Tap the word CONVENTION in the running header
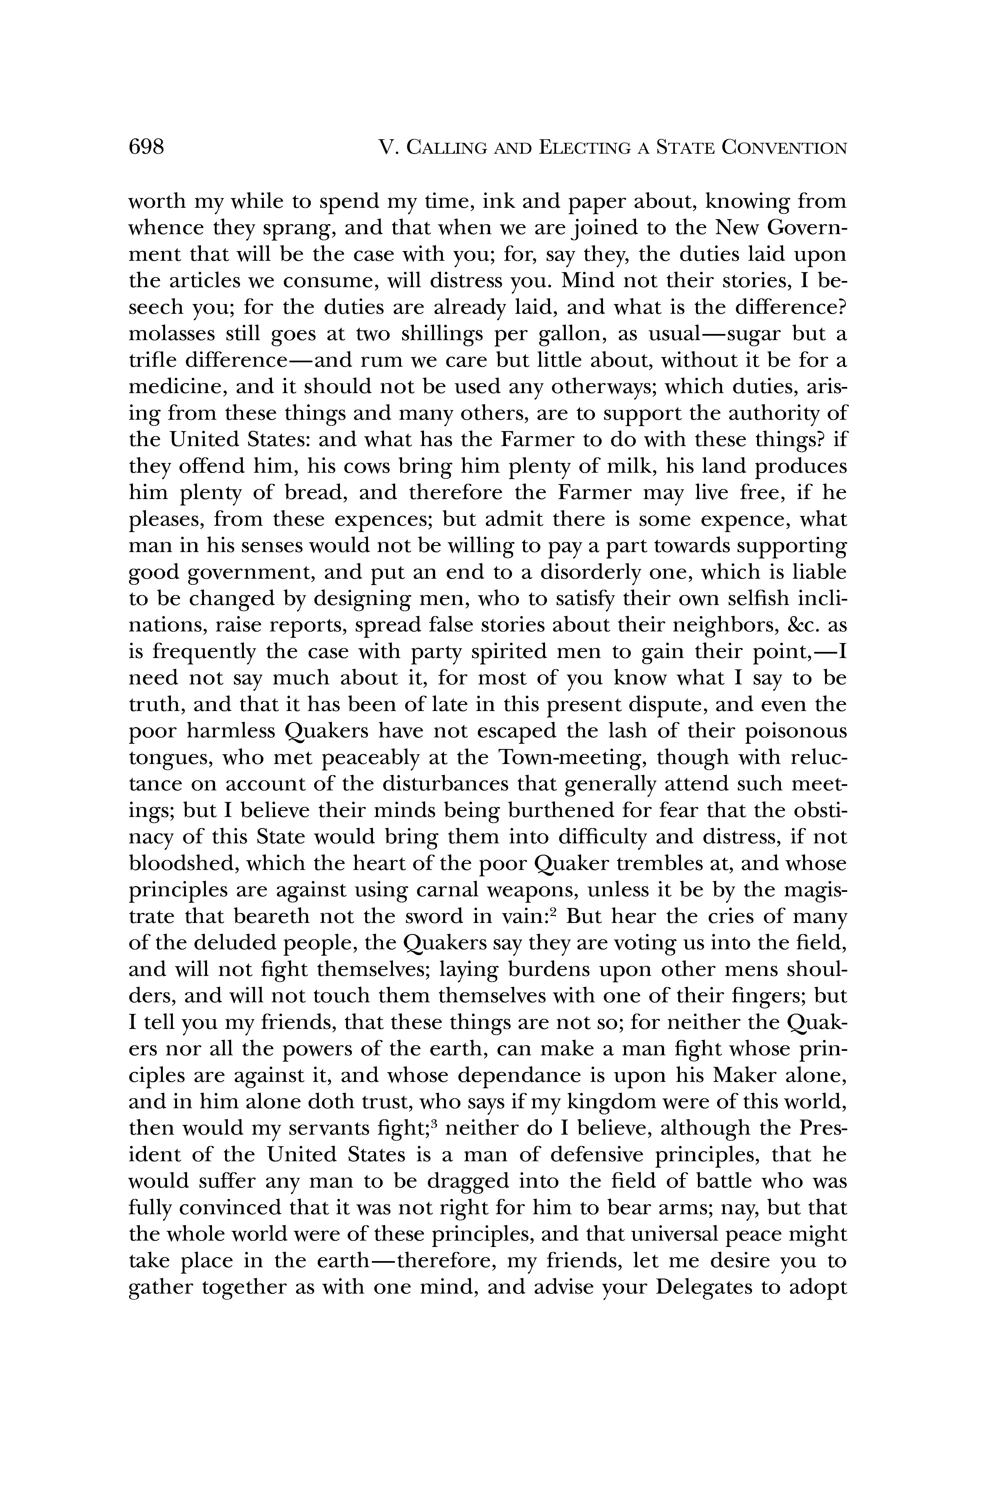785,148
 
